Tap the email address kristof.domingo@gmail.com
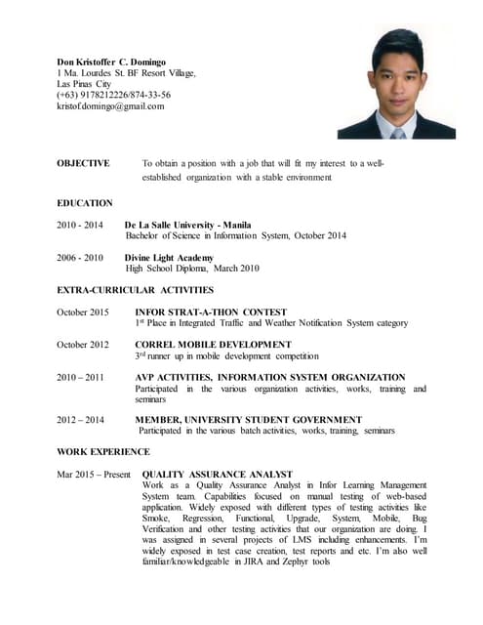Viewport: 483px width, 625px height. [x=110, y=105]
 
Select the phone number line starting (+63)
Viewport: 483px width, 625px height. [x=113, y=95]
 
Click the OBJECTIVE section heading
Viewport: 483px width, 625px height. [x=83, y=163]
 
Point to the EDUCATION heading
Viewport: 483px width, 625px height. [x=85, y=203]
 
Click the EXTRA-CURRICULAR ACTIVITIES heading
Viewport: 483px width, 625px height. [x=135, y=290]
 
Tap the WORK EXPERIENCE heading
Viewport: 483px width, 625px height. [x=103, y=452]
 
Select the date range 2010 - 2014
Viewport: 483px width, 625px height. [x=80, y=225]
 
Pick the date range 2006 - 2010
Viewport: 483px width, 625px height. [x=80, y=258]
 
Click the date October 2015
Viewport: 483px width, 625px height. [x=83, y=312]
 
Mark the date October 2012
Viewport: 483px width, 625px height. [x=83, y=345]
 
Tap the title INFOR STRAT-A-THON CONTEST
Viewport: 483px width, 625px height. [x=211, y=312]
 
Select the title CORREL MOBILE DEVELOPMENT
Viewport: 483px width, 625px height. [x=213, y=345]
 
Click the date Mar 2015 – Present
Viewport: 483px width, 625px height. [x=94, y=474]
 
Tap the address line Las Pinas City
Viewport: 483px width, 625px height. [x=85, y=84]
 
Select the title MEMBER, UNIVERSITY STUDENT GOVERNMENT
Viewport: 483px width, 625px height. [x=248, y=420]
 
